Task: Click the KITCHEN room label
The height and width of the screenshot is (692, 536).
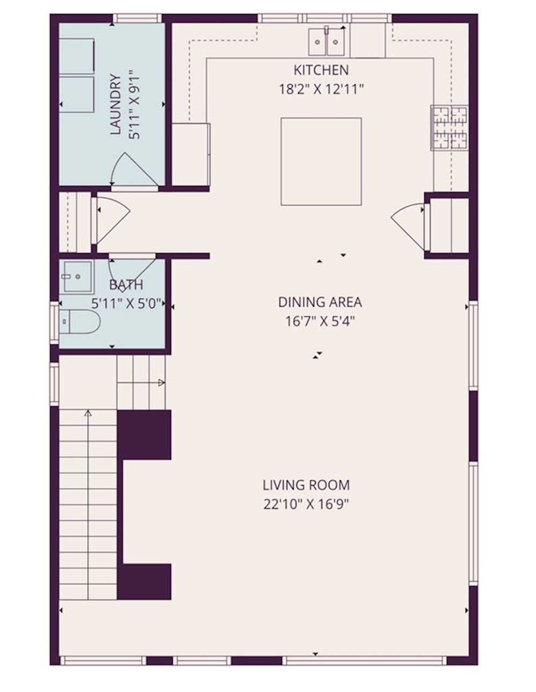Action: click(x=321, y=70)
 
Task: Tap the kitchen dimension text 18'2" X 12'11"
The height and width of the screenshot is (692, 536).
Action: click(x=321, y=89)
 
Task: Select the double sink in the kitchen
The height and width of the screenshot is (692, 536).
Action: click(x=327, y=42)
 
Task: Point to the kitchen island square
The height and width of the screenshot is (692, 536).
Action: click(x=321, y=161)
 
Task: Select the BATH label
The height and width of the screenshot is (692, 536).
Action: click(x=126, y=285)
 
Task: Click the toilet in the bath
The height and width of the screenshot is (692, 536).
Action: click(x=79, y=322)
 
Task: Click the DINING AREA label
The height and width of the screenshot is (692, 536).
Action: click(x=320, y=302)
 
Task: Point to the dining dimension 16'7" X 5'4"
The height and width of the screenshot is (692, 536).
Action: click(x=320, y=321)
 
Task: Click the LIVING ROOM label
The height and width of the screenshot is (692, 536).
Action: click(x=306, y=485)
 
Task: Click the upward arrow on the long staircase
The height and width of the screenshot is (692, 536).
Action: click(x=88, y=414)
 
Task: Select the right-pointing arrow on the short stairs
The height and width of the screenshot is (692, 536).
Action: click(x=161, y=383)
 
